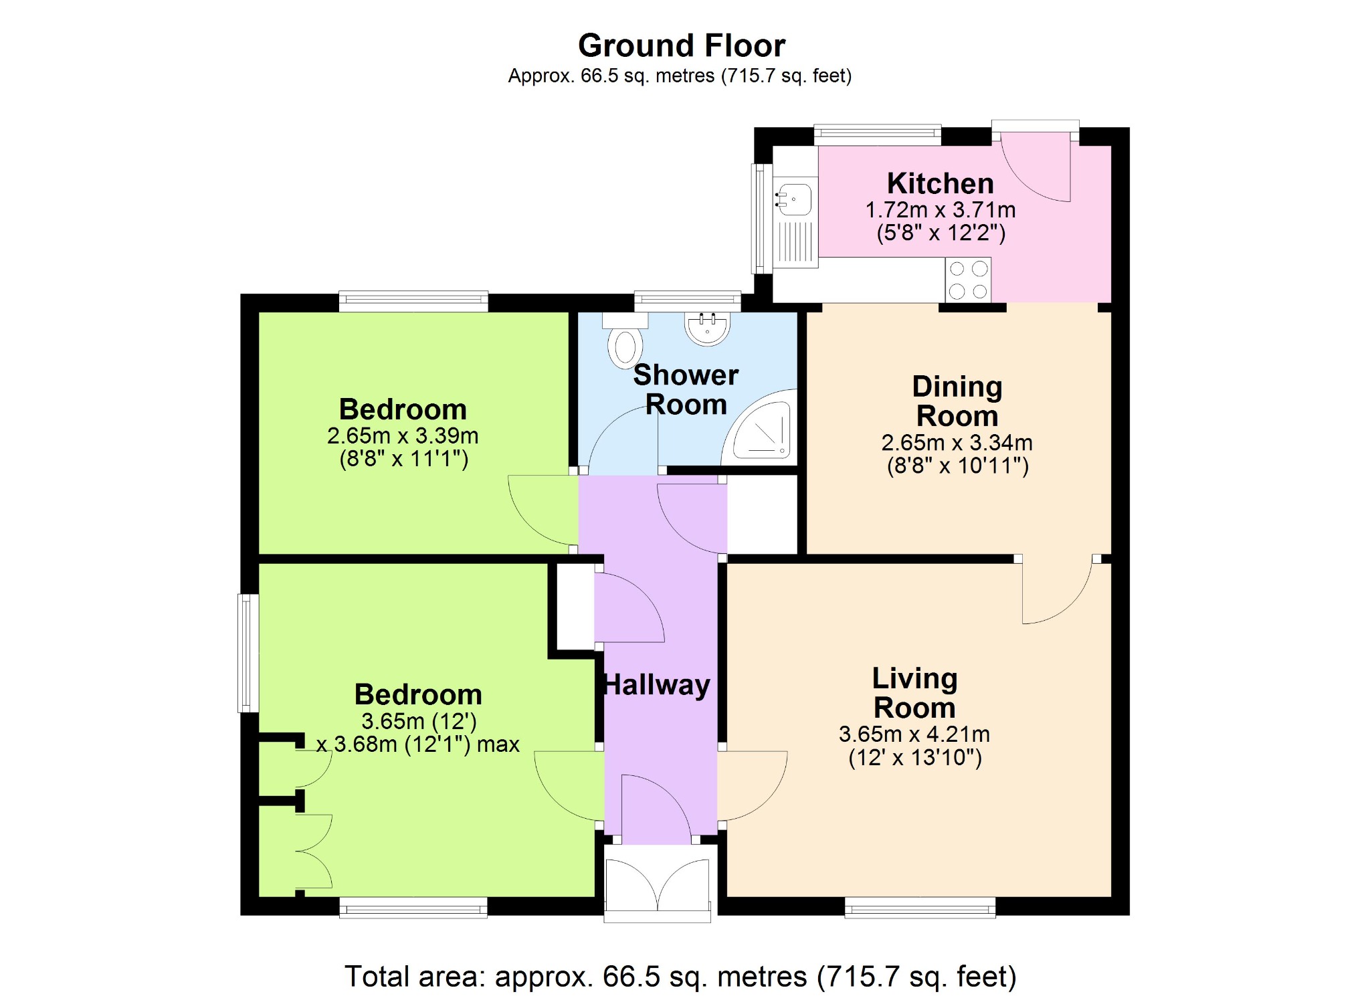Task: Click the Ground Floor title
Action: [x=681, y=46]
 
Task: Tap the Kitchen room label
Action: [x=940, y=183]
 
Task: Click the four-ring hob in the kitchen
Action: [x=968, y=280]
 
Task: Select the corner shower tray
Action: [x=760, y=427]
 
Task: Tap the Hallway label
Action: [x=657, y=685]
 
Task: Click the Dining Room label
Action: [x=957, y=401]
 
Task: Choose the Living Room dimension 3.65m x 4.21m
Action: [x=914, y=734]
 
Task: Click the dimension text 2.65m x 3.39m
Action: [x=403, y=435]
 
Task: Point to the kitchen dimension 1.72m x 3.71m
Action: [x=941, y=209]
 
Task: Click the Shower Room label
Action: [x=686, y=389]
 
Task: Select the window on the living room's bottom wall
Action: [x=920, y=907]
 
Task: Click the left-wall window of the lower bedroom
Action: [x=248, y=653]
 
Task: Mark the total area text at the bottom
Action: [x=680, y=977]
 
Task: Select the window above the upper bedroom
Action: [x=413, y=301]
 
